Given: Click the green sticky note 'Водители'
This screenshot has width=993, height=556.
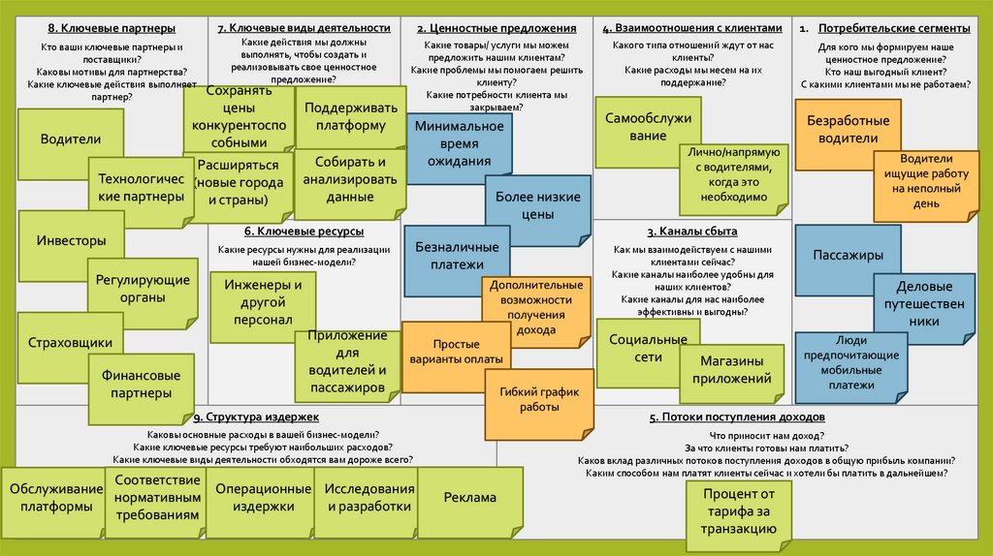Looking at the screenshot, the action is point(70,139).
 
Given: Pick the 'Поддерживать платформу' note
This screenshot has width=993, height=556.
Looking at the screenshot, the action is point(344,116).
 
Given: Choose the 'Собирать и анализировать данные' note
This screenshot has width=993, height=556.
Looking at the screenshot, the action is point(349,179).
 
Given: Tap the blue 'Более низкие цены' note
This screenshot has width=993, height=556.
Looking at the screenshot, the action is point(538,205).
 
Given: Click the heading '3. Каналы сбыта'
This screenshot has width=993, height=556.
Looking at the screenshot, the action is point(692,231).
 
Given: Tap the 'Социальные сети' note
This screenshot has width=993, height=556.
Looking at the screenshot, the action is point(635,350).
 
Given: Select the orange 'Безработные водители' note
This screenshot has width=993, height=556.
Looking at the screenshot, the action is point(842,129).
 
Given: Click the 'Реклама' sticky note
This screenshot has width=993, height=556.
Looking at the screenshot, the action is point(469,498).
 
